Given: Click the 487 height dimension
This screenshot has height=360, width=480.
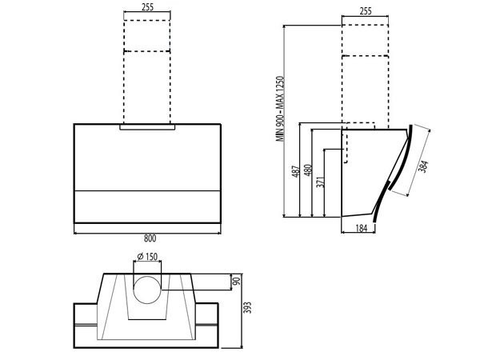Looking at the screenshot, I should [295, 171].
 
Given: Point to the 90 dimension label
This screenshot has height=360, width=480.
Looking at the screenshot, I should [235, 282].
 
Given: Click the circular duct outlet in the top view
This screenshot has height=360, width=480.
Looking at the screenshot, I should [146, 290].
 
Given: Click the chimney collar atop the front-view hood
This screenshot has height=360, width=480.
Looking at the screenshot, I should [147, 127].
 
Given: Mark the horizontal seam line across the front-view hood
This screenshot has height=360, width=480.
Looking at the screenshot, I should [147, 190].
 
